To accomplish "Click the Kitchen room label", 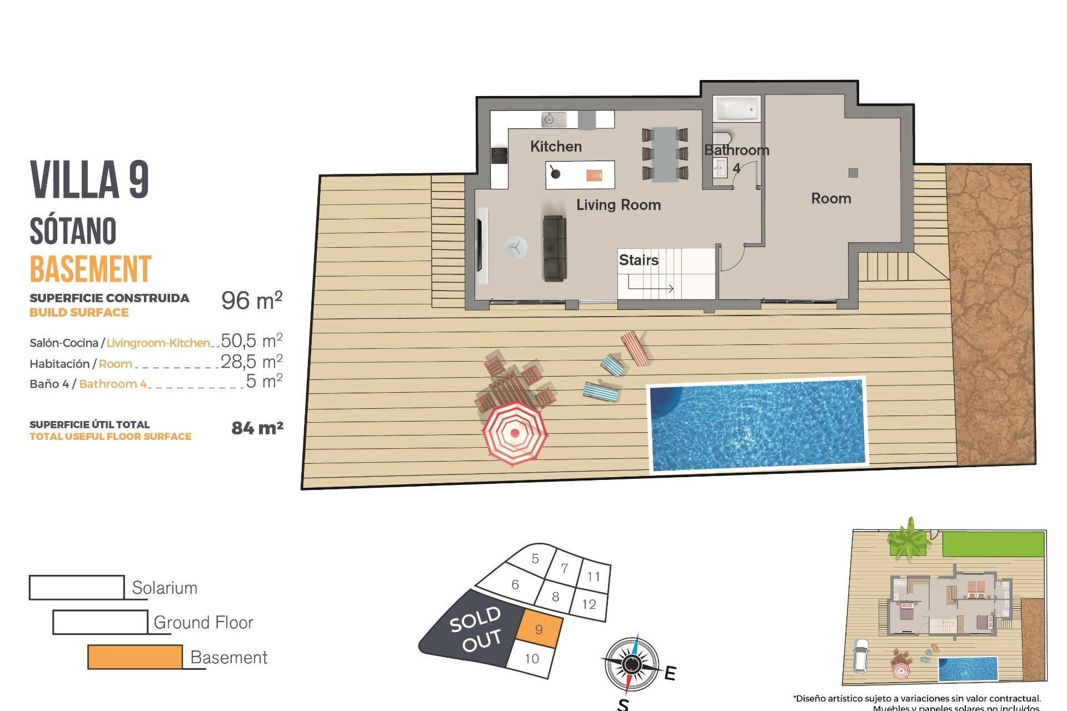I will pos(556,147).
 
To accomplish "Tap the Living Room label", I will pos(618,205).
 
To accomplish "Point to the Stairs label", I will pos(638,260).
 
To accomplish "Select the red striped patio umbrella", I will pos(515,433).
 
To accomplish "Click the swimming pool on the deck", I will pos(757,425).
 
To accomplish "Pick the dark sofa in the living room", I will pos(555,248).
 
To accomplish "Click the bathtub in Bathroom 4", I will pos(736,109).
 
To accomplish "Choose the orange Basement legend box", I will pos(135,657).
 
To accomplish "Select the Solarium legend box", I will pos(77,587).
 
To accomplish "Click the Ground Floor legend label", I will pos(203,623).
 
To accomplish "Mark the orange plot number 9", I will pos(539,629).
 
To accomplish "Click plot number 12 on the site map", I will pos(589,604).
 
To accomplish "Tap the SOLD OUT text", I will pos(476,629).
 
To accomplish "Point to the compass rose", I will pos(631,664).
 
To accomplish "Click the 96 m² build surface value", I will pos(252,301).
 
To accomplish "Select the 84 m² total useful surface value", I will pos(257,428).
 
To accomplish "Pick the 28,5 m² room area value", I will pos(252,362).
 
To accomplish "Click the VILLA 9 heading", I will pos(89,179).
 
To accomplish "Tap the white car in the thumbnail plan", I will pos(861,655).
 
